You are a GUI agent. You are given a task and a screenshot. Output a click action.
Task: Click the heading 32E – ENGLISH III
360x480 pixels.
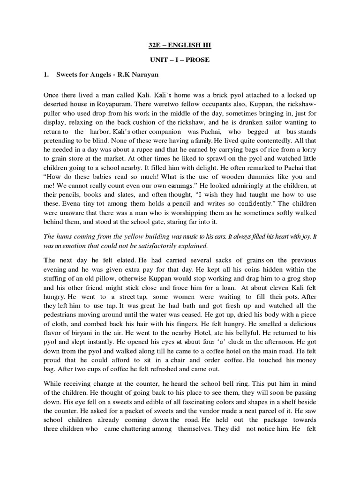click(x=180, y=45)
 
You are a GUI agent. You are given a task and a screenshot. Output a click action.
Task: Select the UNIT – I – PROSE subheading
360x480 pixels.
click(x=180, y=60)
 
